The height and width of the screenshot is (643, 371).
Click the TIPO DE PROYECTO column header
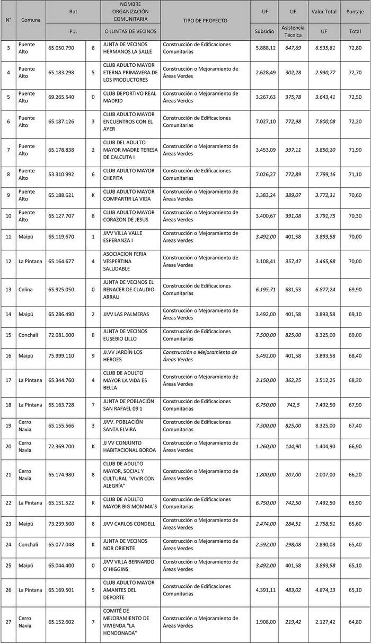[x=205, y=20]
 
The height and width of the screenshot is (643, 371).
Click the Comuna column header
[x=30, y=20]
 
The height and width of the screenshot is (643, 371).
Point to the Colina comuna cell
[x=26, y=289]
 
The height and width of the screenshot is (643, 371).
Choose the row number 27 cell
[x=8, y=621]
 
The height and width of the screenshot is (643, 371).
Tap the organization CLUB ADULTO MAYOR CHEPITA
[x=129, y=174]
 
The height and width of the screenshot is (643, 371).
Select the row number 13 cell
[x=8, y=289]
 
